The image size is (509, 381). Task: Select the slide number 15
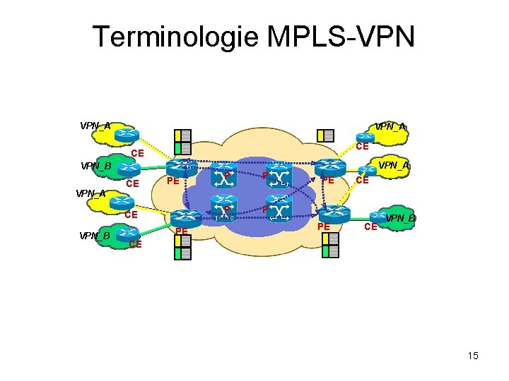[473, 356]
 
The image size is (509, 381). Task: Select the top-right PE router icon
[330, 167]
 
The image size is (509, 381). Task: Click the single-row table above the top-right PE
[325, 135]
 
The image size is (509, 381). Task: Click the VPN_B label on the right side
[401, 218]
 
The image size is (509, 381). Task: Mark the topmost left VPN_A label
[95, 126]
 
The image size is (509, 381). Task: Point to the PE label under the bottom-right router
[324, 226]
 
